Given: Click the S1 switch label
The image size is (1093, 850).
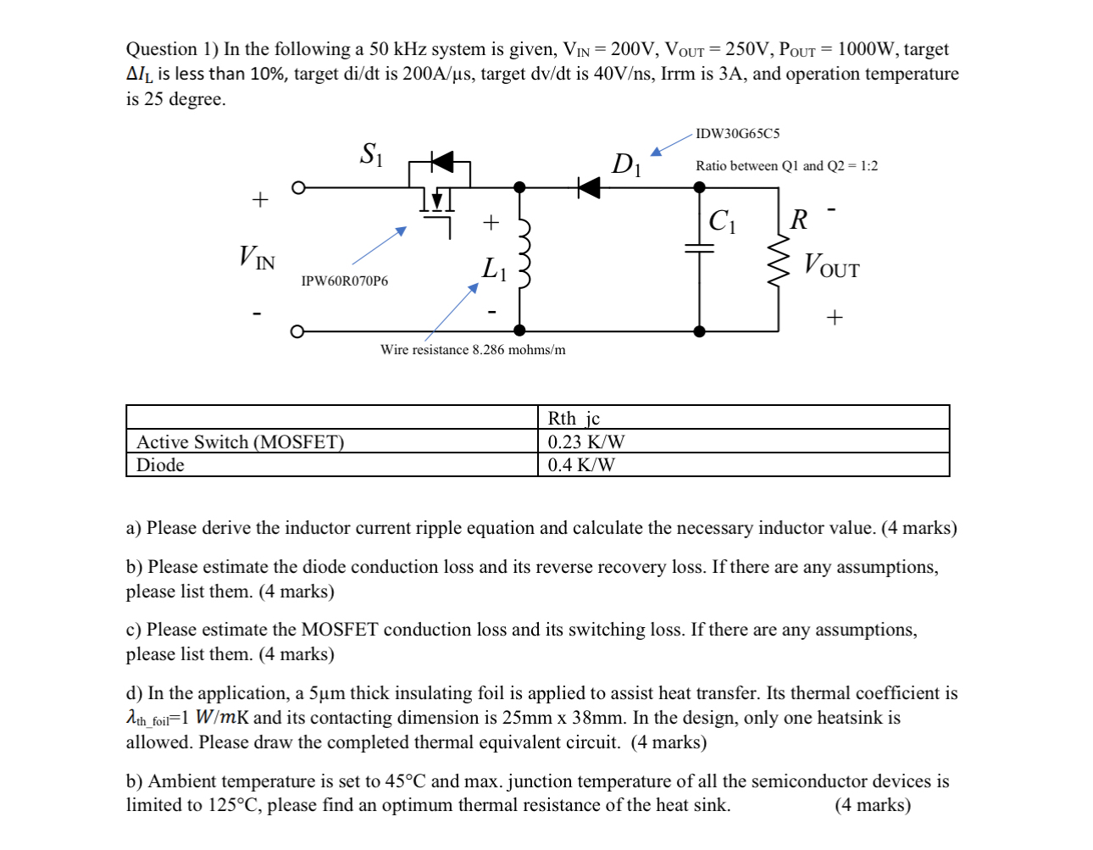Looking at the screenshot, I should (x=371, y=154).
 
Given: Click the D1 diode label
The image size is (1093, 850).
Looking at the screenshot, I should (x=626, y=164).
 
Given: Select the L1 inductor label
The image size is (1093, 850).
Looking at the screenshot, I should (x=494, y=269).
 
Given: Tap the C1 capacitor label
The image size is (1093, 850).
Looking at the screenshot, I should (x=722, y=221).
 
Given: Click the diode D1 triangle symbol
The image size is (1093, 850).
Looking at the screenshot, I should (x=589, y=187).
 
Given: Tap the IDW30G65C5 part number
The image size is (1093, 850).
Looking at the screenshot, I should (x=737, y=134).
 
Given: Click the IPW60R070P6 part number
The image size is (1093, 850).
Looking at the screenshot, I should (x=345, y=281).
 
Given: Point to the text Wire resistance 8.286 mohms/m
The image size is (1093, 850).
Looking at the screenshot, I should (x=473, y=350).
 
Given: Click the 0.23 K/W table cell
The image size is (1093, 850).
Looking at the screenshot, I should (x=586, y=442).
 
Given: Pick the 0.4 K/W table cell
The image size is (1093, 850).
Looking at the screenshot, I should (x=581, y=465).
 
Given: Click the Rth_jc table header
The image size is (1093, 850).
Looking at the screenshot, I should (x=574, y=418).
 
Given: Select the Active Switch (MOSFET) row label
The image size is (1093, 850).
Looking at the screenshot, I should (x=241, y=442).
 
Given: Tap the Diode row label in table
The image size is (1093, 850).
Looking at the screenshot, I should (x=160, y=465).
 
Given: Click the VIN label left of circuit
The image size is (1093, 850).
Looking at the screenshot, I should (x=257, y=257).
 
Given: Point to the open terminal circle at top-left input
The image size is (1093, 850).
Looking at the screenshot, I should (x=297, y=187).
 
